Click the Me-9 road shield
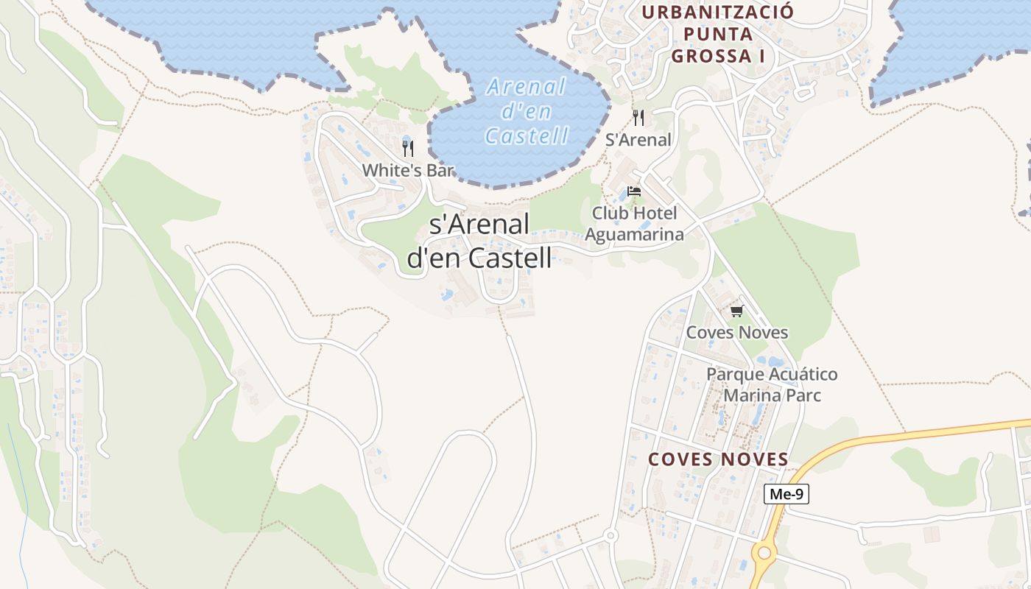(786, 494)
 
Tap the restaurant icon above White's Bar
(408, 148)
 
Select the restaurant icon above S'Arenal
(638, 117)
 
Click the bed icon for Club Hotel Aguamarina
(634, 191)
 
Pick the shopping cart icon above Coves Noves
(737, 311)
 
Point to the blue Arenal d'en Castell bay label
(527, 111)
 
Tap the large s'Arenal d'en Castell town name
(479, 240)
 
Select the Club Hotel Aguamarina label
(634, 224)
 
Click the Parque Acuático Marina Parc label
(772, 384)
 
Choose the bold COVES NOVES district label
(718, 459)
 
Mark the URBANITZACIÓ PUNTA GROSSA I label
(717, 34)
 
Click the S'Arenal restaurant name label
(638, 140)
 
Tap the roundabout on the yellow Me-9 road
(764, 551)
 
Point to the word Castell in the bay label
(527, 135)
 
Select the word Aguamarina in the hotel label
(634, 234)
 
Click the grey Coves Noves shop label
(737, 332)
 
